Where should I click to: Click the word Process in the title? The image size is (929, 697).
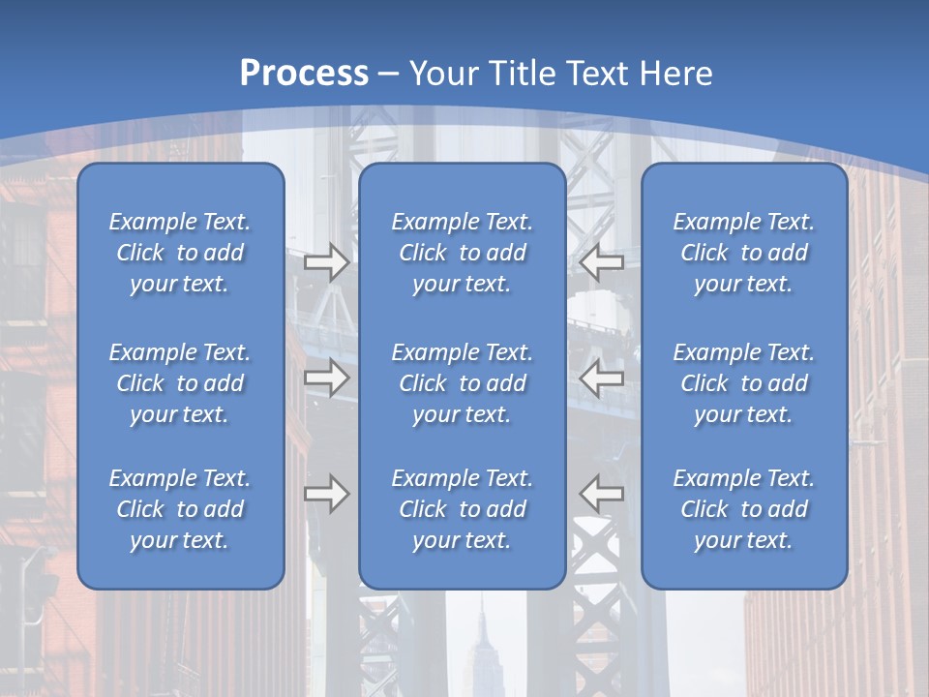tap(304, 74)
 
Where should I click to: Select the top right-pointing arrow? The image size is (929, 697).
tap(327, 261)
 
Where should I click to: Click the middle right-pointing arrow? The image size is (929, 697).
tap(327, 378)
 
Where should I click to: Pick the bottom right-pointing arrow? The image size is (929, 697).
tap(327, 494)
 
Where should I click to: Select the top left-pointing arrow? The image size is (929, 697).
tap(602, 261)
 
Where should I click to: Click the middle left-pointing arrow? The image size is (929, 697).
tap(602, 378)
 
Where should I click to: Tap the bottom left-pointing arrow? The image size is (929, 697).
tap(602, 494)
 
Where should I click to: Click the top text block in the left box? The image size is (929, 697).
tap(180, 253)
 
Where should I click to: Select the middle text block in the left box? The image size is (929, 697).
tap(180, 383)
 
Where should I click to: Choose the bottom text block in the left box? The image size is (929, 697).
tap(180, 509)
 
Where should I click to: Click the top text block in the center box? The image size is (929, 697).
tap(463, 253)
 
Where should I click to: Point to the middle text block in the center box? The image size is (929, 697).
tap(463, 383)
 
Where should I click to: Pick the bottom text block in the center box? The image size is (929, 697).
tap(463, 509)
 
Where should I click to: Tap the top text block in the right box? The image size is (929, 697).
tap(744, 253)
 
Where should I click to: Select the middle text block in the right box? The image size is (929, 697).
tap(744, 383)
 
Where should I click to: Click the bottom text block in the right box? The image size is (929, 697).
tap(744, 509)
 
